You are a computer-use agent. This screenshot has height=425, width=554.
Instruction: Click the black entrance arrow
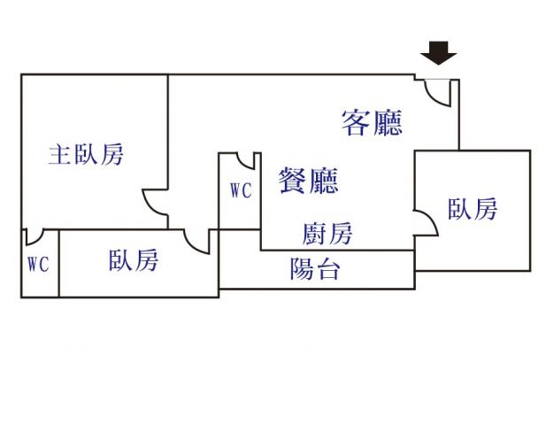(x=438, y=55)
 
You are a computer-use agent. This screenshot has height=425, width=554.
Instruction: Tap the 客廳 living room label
(x=372, y=122)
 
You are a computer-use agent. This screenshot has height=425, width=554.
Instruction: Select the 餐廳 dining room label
(x=308, y=181)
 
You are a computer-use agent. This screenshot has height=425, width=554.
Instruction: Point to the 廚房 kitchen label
(x=327, y=234)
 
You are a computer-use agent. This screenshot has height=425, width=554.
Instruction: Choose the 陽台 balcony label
(x=315, y=269)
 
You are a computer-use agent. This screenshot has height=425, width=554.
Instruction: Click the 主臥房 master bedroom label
(x=86, y=155)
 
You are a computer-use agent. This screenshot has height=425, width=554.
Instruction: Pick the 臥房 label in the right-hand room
(x=472, y=209)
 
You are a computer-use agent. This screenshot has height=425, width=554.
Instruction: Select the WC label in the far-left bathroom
(x=37, y=264)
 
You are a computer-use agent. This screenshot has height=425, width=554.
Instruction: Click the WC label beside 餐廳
(x=240, y=189)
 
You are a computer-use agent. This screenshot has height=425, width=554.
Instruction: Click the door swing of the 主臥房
(x=155, y=204)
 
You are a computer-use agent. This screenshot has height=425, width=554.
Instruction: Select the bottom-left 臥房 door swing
(x=196, y=240)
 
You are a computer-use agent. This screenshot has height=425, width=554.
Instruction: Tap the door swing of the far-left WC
(x=34, y=237)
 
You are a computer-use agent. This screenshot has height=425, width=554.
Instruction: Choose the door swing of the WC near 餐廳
(x=247, y=161)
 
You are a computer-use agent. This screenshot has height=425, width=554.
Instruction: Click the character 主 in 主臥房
(x=60, y=155)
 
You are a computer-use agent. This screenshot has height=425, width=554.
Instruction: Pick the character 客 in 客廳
(x=356, y=122)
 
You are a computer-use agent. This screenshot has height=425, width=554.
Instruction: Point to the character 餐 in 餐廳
(x=293, y=181)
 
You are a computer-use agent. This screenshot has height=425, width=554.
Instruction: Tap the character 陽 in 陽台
(x=302, y=269)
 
